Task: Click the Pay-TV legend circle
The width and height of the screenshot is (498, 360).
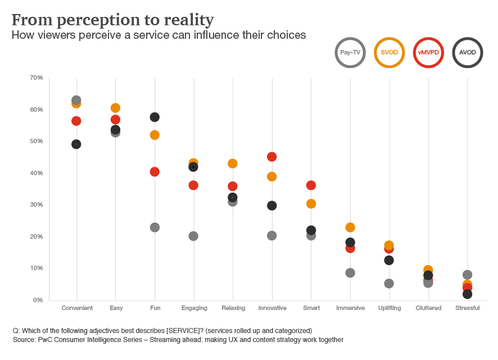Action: tap(350, 52)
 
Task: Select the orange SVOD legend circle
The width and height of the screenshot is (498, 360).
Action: tap(390, 52)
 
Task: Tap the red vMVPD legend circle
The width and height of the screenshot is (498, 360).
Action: tap(428, 52)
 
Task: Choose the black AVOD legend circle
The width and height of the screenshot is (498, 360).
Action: tap(468, 52)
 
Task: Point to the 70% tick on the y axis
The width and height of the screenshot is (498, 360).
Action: tap(37, 78)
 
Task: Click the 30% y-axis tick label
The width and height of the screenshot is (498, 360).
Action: tap(37, 204)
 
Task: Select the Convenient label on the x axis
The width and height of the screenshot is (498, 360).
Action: tap(77, 308)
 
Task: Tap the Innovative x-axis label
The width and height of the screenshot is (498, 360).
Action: tap(272, 308)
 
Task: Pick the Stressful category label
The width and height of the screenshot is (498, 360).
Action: tap(467, 308)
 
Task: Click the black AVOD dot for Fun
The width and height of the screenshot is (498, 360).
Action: tap(155, 117)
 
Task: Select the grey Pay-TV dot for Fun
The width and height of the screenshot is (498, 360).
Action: tap(155, 227)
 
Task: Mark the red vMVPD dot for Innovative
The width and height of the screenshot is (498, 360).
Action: tap(272, 157)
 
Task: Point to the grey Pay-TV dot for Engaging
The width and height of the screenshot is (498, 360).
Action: tap(193, 236)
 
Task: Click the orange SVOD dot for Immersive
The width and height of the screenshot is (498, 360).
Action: tap(350, 227)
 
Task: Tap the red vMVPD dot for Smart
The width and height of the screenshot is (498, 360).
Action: tap(311, 185)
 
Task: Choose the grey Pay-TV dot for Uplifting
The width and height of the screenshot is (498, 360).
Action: tap(389, 283)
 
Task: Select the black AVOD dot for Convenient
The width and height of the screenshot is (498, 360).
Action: tap(76, 144)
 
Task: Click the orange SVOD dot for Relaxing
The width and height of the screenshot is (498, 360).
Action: tap(233, 163)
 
